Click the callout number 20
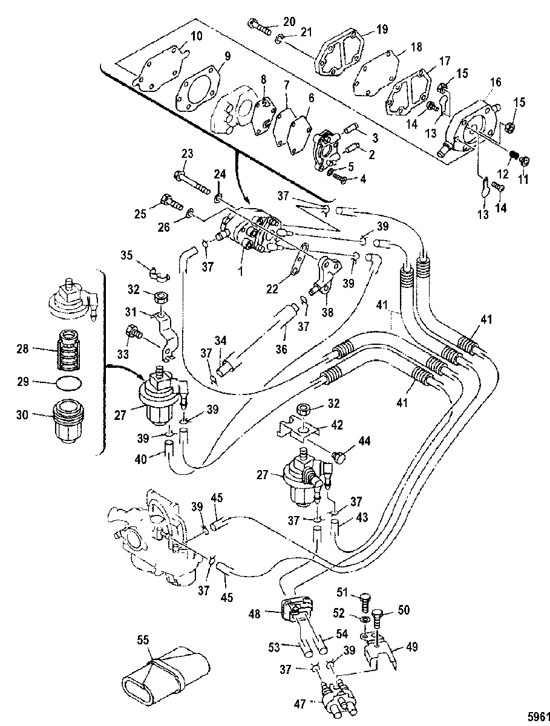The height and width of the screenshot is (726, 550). (x=289, y=22)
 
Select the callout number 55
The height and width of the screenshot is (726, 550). (x=144, y=640)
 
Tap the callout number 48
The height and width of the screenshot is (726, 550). (x=255, y=614)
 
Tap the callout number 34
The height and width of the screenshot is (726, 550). (x=221, y=340)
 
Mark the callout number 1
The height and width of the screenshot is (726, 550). (x=240, y=272)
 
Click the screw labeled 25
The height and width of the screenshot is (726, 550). (x=171, y=203)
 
